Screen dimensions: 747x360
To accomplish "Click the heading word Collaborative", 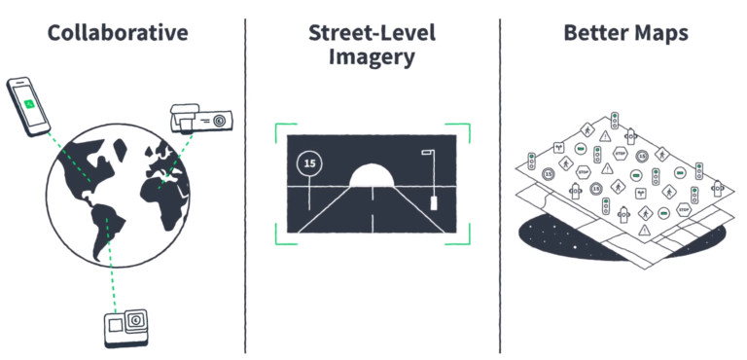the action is [x=118, y=33].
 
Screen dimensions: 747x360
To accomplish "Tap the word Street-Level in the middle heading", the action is [x=373, y=33].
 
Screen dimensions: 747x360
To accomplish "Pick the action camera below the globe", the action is [x=128, y=329].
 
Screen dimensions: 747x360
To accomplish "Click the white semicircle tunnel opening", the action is [x=373, y=177].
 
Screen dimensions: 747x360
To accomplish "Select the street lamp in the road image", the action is [x=429, y=180].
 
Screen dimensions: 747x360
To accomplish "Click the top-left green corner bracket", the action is [x=282, y=130].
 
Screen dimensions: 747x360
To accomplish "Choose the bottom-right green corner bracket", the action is [x=464, y=235].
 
